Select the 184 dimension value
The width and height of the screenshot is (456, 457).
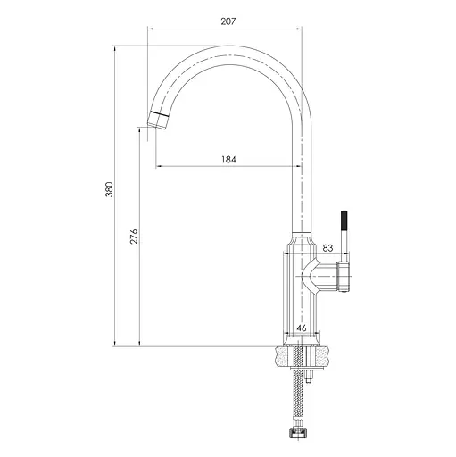click(228, 159)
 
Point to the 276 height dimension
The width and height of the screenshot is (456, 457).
click(134, 237)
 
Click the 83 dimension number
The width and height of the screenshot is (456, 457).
click(327, 248)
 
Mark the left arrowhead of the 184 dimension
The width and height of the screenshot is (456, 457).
click(158, 166)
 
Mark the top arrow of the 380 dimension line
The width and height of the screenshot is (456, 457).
click(116, 46)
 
